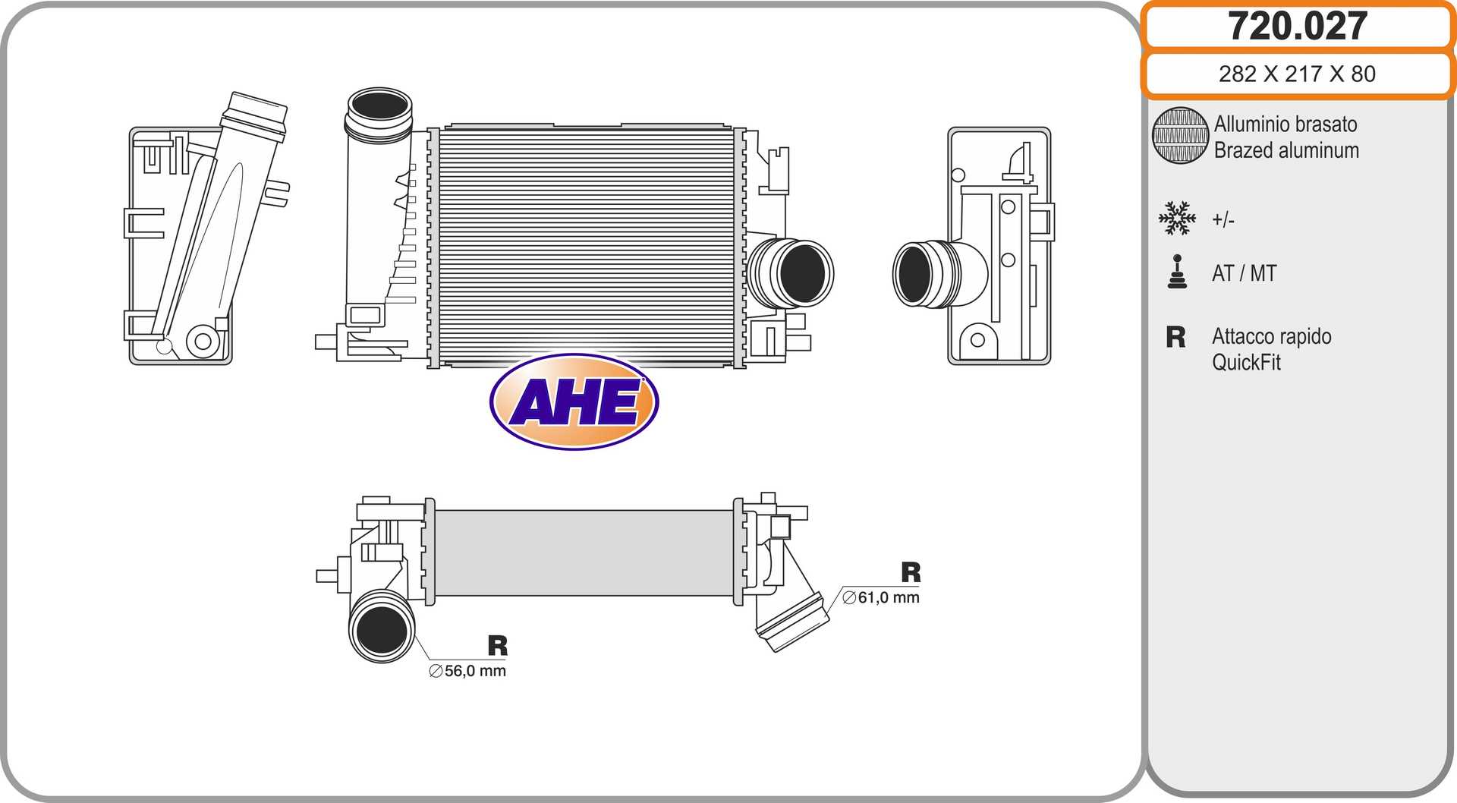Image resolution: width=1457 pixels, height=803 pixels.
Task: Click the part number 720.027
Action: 1298,26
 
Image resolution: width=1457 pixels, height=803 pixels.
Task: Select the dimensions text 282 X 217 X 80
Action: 1297,74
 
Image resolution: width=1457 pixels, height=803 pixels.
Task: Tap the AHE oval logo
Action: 574,401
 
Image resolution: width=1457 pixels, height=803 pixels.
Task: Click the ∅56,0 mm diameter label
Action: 467,671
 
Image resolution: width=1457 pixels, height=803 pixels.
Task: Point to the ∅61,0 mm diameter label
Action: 881,597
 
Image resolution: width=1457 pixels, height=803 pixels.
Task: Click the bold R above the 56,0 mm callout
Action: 498,646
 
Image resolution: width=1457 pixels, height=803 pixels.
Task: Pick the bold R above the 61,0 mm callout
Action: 911,572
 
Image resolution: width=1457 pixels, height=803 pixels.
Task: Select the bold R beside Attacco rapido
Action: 1175,337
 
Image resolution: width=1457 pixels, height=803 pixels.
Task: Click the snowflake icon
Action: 1177,219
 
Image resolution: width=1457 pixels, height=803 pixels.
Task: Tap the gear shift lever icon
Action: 1177,272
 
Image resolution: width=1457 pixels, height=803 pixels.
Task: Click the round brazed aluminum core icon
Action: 1180,135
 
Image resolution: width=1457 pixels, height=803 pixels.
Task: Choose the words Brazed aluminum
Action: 1286,150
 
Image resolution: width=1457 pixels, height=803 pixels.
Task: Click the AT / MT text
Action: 1245,273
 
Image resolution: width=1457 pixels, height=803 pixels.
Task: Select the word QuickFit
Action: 1246,363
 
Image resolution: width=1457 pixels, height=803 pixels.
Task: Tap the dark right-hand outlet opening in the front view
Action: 802,273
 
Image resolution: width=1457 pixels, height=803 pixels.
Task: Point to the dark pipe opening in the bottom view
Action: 382,631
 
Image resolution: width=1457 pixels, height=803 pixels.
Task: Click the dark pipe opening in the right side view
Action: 914,275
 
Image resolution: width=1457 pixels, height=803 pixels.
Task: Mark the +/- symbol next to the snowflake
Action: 1223,220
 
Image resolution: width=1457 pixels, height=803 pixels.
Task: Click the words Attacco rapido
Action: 1272,337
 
